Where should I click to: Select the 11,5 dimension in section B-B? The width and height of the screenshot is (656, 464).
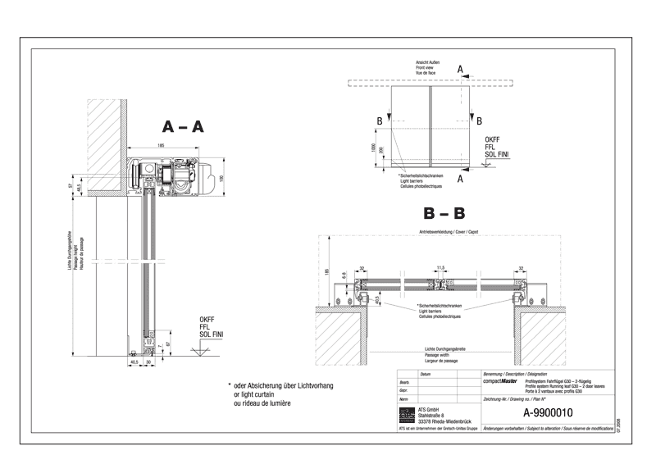coord(441,267)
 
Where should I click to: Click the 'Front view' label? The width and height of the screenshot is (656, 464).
coord(426,67)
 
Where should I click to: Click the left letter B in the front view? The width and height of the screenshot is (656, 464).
coord(378,121)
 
